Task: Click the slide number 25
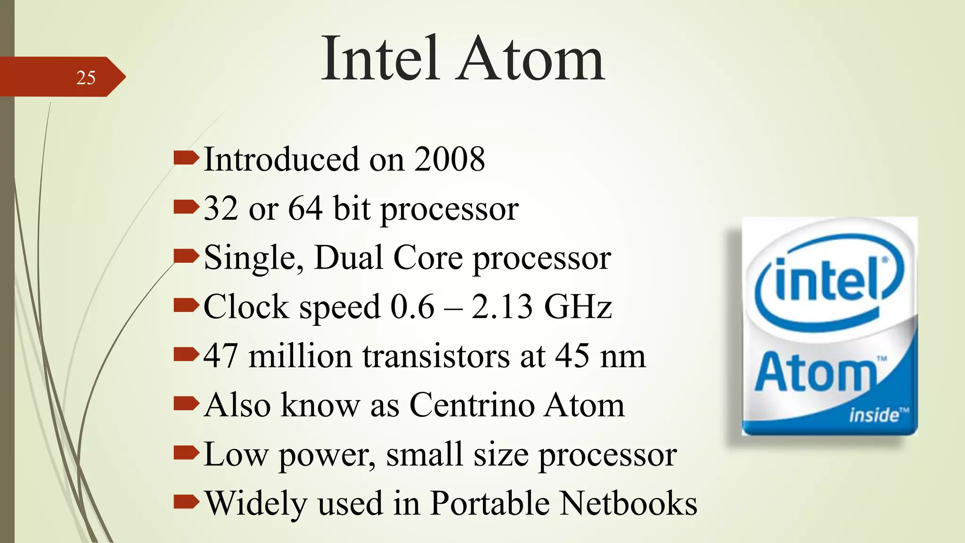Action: (86, 78)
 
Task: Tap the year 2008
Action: (450, 159)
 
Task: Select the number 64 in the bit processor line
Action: (305, 208)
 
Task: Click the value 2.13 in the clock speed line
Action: (502, 307)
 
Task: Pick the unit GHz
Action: (578, 307)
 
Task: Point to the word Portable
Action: (490, 503)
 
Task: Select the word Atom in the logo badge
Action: (815, 373)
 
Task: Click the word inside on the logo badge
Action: (874, 415)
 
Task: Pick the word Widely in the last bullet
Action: (256, 503)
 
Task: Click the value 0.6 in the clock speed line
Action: (412, 307)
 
